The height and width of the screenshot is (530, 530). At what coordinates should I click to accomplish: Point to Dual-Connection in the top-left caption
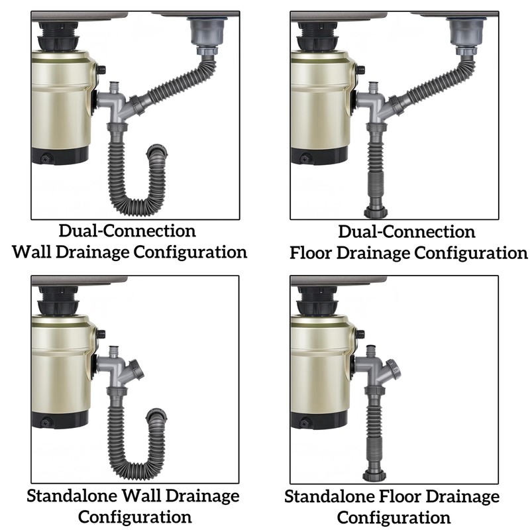(x=127, y=231)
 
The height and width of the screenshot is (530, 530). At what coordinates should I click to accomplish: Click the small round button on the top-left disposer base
(x=45, y=158)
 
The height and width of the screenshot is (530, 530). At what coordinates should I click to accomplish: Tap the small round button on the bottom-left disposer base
(x=45, y=422)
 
